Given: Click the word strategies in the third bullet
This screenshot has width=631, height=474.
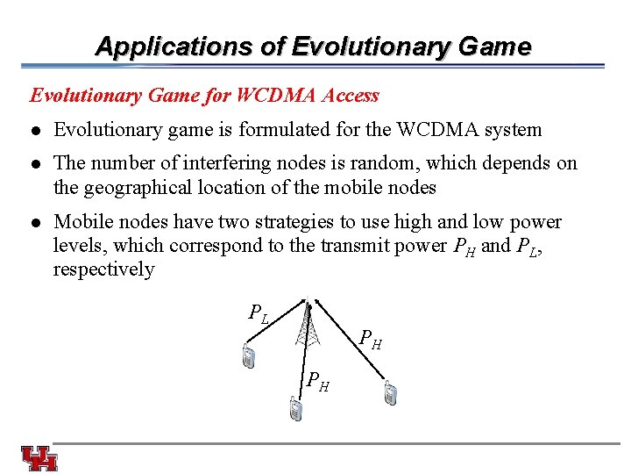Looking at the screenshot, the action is pos(259,222).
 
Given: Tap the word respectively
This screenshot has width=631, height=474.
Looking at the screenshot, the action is pos(103,269).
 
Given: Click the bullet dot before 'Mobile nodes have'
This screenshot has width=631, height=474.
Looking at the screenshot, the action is pos(35,223).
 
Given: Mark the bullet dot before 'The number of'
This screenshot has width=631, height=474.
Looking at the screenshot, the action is pos(35,164).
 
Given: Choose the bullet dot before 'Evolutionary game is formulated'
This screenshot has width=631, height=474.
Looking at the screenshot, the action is pos(35,131).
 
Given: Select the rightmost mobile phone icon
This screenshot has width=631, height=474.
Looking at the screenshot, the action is pos(390,395).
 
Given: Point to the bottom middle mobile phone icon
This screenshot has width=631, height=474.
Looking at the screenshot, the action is pos(295,409).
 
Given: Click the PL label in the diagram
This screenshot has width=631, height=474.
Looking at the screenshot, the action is pos(258,312).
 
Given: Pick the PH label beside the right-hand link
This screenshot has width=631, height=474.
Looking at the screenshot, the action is pos(372,341).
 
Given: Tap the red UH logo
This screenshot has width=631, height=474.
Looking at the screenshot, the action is pos(39,459).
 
